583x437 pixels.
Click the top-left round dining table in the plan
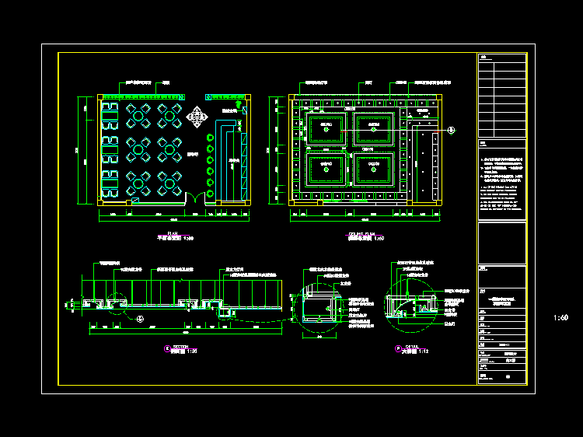(x=138, y=117)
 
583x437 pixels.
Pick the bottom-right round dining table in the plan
(x=169, y=184)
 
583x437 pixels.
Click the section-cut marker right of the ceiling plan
(x=452, y=130)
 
